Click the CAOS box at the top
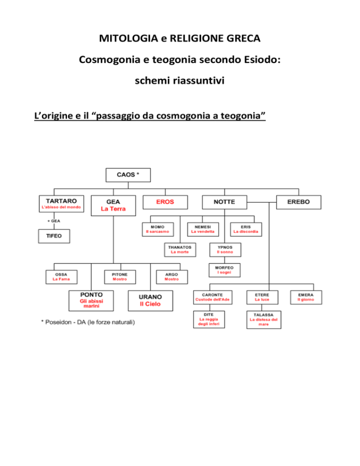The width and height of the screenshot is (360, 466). (128, 175)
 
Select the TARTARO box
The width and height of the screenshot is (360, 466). (61, 203)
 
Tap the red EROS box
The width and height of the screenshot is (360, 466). (165, 202)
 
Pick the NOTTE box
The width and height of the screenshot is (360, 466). (225, 202)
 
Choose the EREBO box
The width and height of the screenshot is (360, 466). (299, 202)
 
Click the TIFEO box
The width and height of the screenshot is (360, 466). (54, 236)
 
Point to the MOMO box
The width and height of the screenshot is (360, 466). (158, 229)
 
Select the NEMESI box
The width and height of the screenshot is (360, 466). (203, 229)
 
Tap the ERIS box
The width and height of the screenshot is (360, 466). (246, 229)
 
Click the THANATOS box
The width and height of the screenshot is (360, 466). (180, 249)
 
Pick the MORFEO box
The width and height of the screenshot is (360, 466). (225, 270)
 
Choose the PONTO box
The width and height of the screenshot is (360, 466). (91, 301)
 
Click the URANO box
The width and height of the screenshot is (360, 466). (150, 301)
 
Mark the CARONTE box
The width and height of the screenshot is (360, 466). (212, 297)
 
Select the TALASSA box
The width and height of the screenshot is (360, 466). (264, 319)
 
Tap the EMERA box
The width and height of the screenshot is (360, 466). (306, 297)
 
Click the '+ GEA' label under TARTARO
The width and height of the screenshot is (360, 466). (54, 221)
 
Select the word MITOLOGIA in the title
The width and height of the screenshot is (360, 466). (129, 38)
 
